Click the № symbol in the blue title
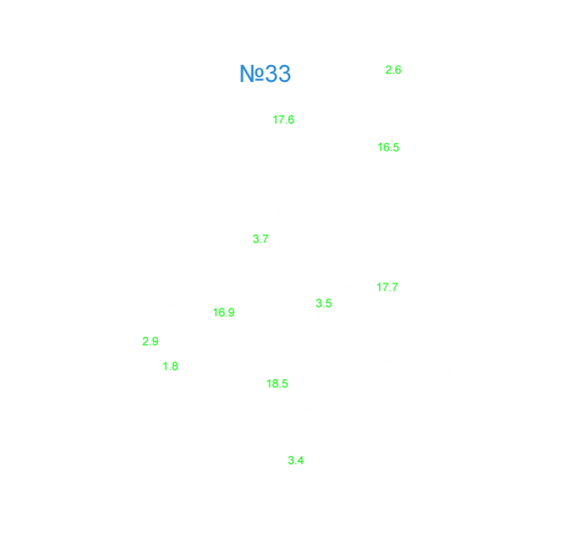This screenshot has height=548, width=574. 252,74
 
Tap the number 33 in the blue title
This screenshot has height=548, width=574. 278,74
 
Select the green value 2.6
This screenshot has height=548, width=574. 393,70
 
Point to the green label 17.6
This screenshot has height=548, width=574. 284,120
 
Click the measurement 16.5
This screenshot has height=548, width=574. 388,147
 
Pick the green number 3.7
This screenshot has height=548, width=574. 261,239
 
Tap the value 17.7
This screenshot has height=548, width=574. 387,287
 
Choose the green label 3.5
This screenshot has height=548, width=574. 323,303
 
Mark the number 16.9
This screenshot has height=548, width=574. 224,312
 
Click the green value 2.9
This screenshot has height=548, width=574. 150,341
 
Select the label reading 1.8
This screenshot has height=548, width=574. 171,366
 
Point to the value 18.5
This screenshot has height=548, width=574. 278,383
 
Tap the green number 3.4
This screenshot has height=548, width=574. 295,460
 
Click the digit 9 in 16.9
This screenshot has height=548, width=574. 231,312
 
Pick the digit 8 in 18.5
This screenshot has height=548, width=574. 275,383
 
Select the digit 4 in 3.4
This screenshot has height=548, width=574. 300,460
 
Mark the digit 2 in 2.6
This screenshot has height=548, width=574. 388,70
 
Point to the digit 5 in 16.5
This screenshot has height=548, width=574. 396,147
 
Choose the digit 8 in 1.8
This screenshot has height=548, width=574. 175,366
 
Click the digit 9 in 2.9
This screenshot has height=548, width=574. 155,341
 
